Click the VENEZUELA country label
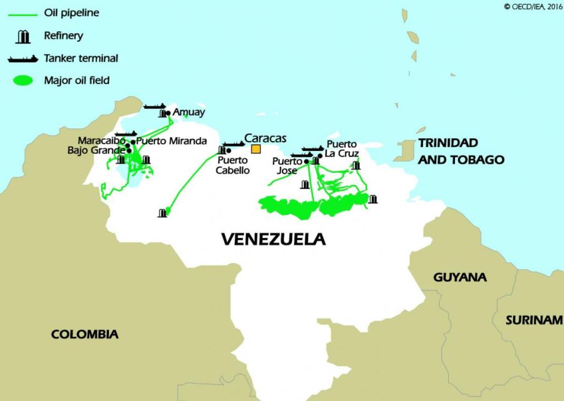273,239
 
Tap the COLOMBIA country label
85,334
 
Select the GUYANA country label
460,277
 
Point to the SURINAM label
534,320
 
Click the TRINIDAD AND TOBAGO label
461,151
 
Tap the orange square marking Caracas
256,149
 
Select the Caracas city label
265,138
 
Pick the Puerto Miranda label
171,141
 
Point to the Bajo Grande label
96,150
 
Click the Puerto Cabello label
232,165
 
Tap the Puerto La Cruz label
341,149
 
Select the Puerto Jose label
288,166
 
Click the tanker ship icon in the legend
23,58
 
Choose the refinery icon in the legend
23,37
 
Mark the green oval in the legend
23,81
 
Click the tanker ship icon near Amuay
155,106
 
